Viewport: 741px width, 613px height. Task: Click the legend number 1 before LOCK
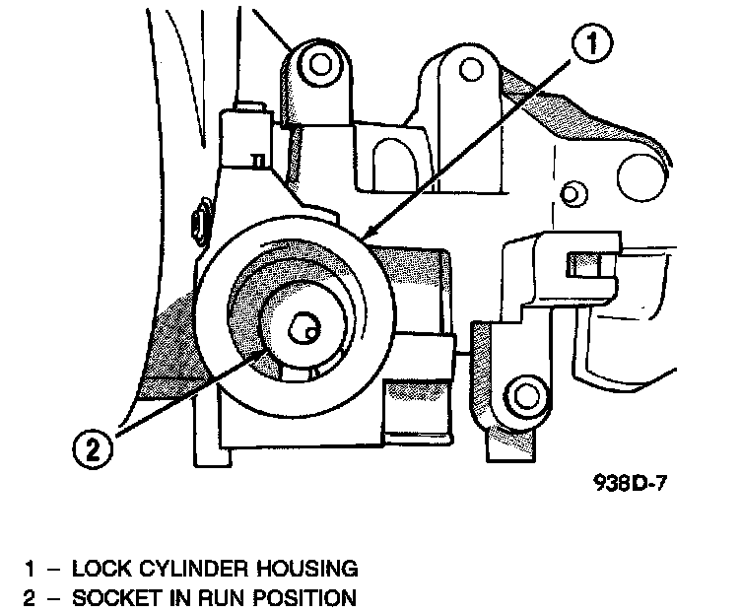point(31,569)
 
